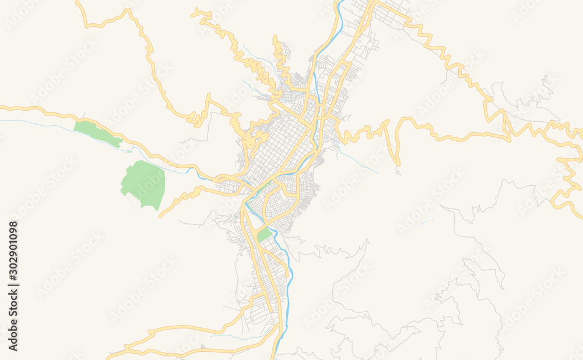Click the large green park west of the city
143,183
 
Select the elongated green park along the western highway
97,133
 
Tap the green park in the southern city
264,234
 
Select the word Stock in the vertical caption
13,303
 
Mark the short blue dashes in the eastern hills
426,221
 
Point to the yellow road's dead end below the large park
160,216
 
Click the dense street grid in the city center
280,146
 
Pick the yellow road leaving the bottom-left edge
114,355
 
